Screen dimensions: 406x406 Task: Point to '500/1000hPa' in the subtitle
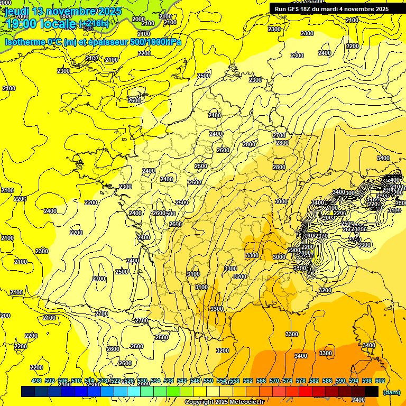pyautogui.click(x=158, y=42)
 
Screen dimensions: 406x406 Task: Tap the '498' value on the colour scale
pyautogui.click(x=36, y=381)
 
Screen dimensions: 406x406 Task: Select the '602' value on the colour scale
pyautogui.click(x=380, y=381)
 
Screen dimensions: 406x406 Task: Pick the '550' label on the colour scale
pyautogui.click(x=208, y=381)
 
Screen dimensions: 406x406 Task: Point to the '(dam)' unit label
pyautogui.click(x=392, y=392)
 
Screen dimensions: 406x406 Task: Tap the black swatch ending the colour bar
pyautogui.click(x=372, y=391)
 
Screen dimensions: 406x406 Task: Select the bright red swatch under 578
pyautogui.click(x=306, y=391)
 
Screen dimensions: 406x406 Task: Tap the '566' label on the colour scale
pyautogui.click(x=261, y=381)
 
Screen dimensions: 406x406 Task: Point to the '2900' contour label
pyautogui.click(x=294, y=250)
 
